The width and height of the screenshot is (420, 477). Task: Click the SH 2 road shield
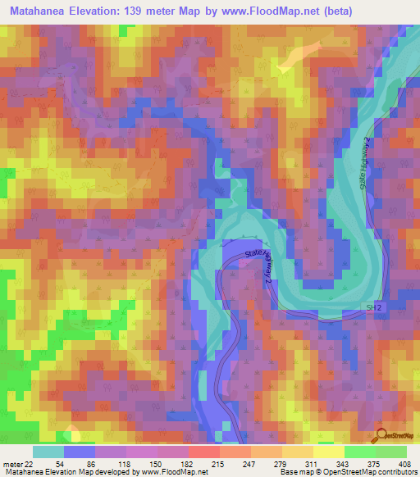point(373,306)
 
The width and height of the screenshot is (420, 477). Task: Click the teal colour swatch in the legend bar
point(48,452)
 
